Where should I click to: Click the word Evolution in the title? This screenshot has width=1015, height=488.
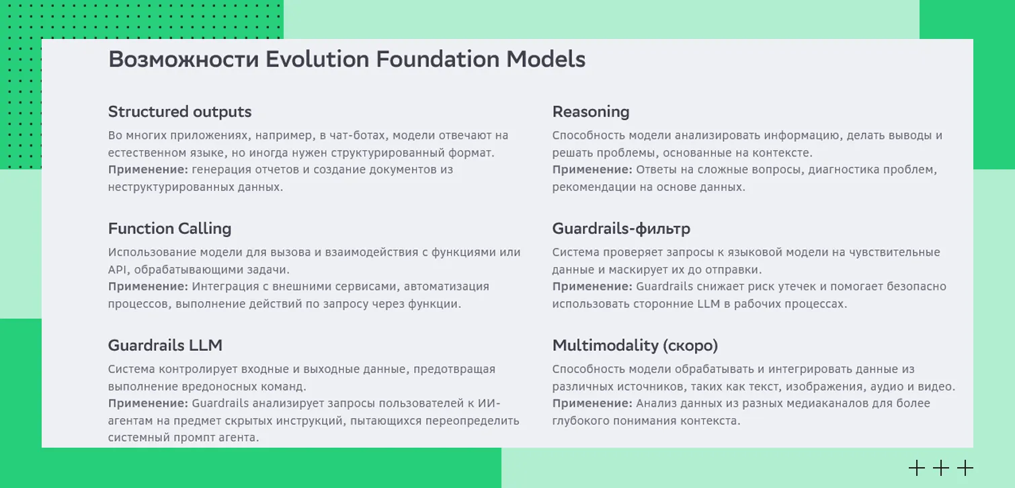coord(317,59)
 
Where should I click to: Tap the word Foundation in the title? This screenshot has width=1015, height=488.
coord(438,59)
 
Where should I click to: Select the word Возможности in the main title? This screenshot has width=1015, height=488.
coord(184,59)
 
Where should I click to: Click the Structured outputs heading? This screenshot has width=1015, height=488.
coord(179,112)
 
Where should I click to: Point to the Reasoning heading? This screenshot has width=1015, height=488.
coord(590,112)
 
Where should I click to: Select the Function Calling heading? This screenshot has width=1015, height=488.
coord(169,229)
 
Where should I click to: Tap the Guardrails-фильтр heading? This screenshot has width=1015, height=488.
coord(621,229)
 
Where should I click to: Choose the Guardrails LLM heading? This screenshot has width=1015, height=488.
coord(165,345)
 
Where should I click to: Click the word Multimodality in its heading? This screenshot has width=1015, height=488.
coord(604,345)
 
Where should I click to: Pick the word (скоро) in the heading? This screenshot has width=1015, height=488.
coord(690,345)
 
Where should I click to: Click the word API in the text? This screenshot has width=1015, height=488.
coord(118,270)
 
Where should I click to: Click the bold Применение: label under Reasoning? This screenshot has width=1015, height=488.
coord(592,170)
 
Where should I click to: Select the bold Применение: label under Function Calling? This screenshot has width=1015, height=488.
coord(148,287)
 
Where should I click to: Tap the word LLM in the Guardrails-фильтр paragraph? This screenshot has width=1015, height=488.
coord(708,304)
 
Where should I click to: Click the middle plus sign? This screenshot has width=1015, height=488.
coord(940,468)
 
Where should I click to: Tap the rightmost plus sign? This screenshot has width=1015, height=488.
coord(965,468)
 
